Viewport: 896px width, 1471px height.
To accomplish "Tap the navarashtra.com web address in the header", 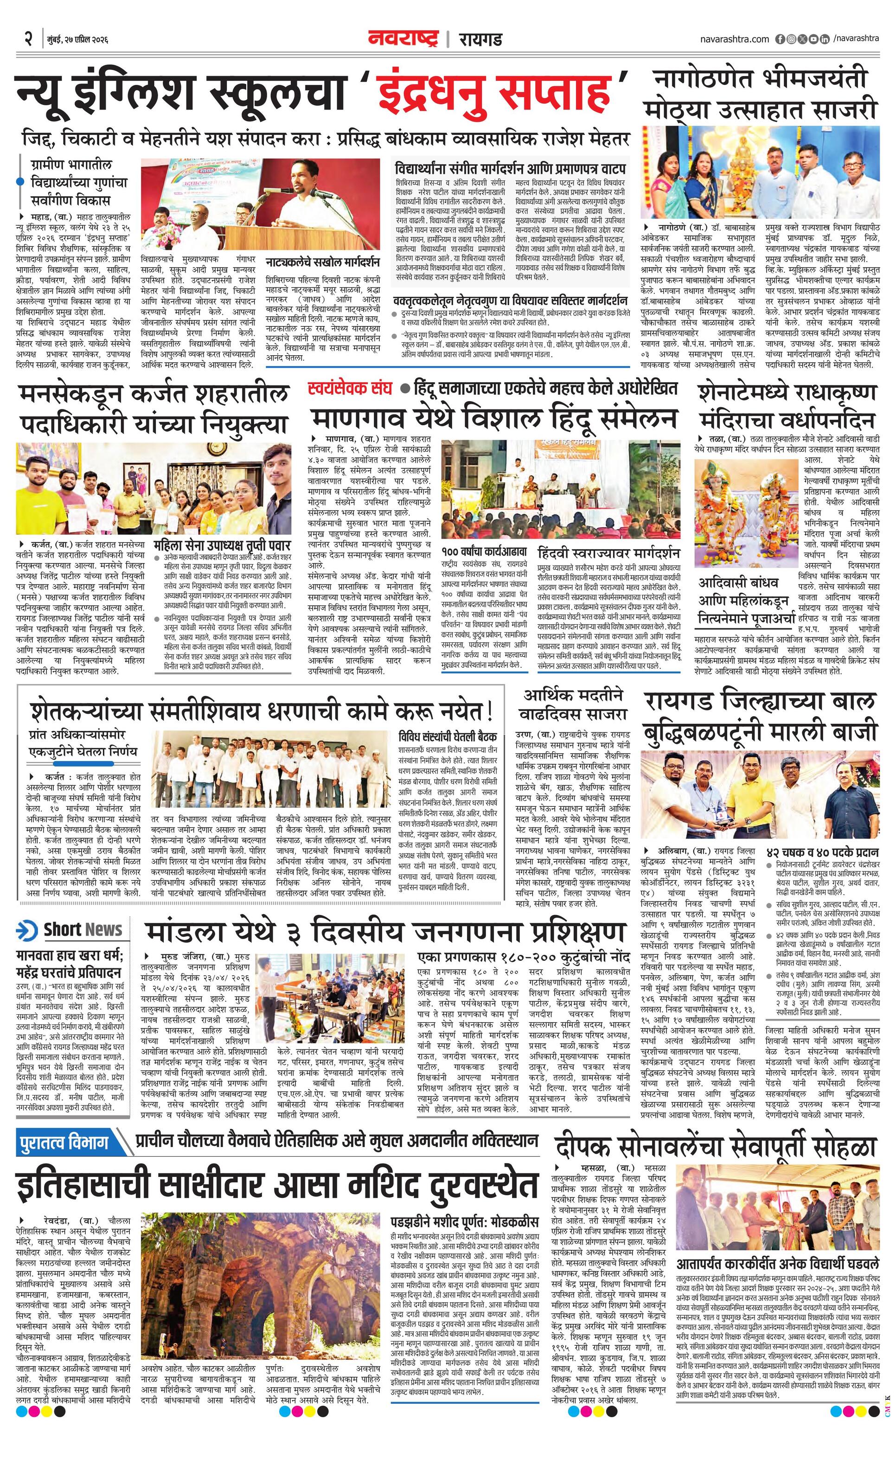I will [x=735, y=39].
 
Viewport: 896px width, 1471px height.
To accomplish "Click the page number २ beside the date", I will [x=27, y=39].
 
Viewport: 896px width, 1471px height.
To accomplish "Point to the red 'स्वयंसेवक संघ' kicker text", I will [x=349, y=389].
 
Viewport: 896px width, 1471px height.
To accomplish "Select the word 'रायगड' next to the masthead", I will [x=480, y=39].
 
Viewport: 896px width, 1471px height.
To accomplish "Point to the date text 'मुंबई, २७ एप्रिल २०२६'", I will [x=77, y=39].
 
